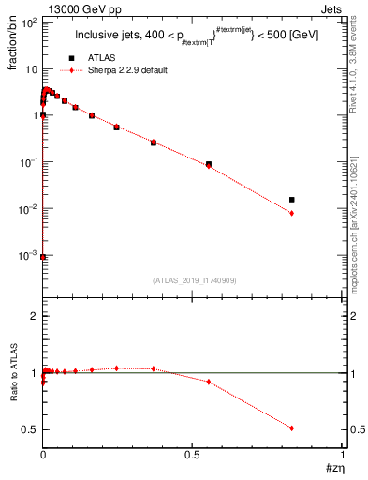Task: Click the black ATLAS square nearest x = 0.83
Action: tap(292, 200)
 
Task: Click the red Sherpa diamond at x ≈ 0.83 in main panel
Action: tap(292, 213)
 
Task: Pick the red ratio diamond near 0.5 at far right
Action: tap(292, 427)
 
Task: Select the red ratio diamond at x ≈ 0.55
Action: tap(209, 382)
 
